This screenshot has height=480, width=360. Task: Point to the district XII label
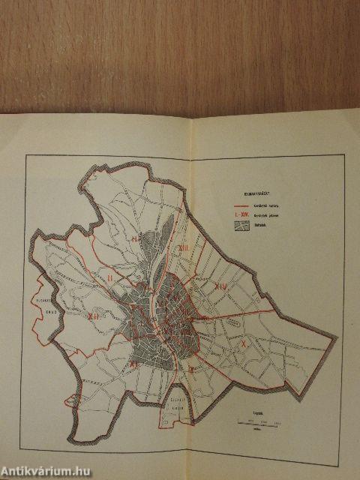click(94, 317)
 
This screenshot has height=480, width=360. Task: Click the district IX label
click(191, 368)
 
